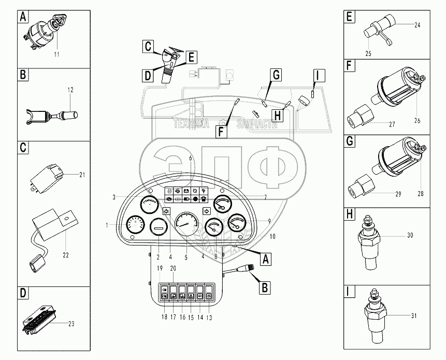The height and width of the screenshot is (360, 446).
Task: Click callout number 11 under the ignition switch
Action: (56, 54)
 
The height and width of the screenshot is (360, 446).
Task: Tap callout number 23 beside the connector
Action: (71, 324)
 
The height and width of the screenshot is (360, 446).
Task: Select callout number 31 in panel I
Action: (414, 315)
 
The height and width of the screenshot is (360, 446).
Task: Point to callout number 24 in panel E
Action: (417, 25)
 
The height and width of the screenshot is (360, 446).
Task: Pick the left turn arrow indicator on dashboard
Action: (166, 211)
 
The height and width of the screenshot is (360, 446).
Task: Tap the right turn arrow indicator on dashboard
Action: (207, 211)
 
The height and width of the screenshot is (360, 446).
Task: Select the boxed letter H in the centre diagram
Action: (277, 116)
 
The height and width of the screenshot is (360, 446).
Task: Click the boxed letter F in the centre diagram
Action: (221, 132)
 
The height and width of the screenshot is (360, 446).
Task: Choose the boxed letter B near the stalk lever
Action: (265, 287)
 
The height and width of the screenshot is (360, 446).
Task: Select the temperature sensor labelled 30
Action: (368, 242)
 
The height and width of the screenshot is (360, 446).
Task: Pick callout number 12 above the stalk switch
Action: (70, 90)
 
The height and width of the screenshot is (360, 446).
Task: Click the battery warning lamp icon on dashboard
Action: (186, 191)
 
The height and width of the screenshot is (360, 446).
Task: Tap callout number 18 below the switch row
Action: (164, 317)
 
